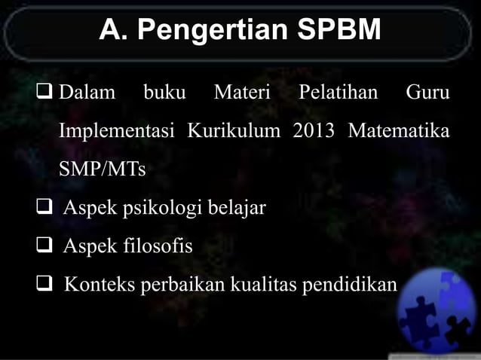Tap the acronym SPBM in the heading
pos(339,32)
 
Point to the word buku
pos(164,93)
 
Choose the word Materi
pos(241,93)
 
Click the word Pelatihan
pos(337,93)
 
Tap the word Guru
pos(427,93)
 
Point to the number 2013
pos(313,131)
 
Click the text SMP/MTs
pos(102,169)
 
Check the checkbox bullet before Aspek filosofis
pos(44,246)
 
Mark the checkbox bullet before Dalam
pos(44,93)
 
